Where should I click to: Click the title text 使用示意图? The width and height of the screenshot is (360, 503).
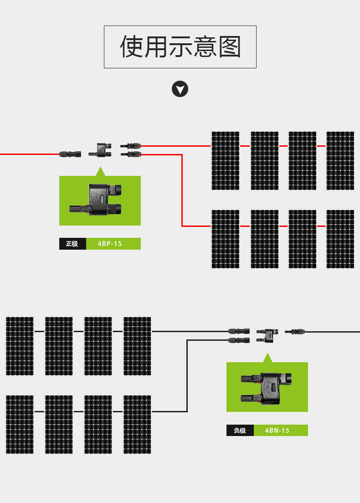point(180,47)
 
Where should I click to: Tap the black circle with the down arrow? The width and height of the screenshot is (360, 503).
point(180,89)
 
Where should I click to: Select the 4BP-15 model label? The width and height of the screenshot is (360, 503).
point(110,244)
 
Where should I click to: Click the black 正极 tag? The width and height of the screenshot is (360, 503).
point(72,244)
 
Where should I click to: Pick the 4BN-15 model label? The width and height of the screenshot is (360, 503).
point(277,431)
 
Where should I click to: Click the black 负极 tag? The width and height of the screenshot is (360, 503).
point(240,431)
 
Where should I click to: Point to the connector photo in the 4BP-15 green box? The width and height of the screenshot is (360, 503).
point(96,200)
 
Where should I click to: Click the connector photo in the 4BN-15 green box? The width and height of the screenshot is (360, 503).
point(266,389)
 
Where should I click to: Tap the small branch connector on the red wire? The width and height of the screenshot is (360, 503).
point(100,150)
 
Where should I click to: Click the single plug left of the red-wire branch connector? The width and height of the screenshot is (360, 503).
point(70,154)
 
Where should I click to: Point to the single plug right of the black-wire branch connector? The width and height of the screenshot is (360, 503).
point(294,331)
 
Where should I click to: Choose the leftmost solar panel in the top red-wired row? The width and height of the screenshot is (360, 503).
point(225,161)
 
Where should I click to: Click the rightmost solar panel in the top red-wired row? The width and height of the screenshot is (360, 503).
point(340,161)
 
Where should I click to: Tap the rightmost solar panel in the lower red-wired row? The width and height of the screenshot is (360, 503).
point(340,239)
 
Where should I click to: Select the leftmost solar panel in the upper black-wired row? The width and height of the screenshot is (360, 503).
point(20,346)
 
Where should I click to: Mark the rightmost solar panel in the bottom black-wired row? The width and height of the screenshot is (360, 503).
point(137,425)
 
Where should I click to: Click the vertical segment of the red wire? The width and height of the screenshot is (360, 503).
point(182,190)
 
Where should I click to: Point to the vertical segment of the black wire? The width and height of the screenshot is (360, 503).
point(187,375)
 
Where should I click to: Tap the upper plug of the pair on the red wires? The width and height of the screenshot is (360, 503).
point(131,146)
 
